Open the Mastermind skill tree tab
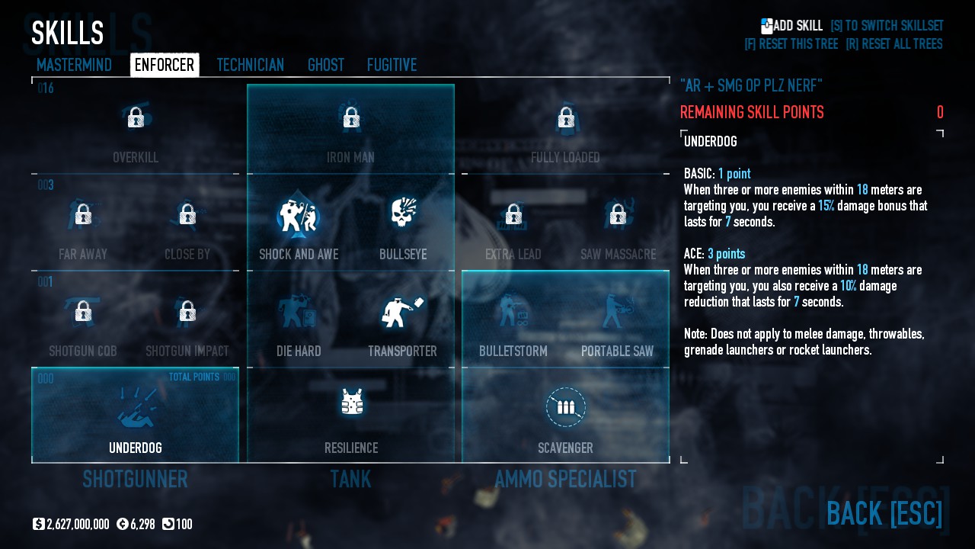click(74, 66)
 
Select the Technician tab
click(250, 66)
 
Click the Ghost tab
click(325, 66)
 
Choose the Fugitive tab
click(392, 66)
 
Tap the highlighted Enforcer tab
click(165, 66)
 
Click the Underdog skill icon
click(136, 408)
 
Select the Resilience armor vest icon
click(351, 402)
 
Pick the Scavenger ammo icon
click(565, 407)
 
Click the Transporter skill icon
click(401, 311)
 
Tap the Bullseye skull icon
click(403, 214)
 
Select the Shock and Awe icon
click(298, 216)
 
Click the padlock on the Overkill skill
click(136, 117)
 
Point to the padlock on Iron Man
click(350, 117)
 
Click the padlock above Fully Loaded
click(565, 117)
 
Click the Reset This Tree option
click(791, 44)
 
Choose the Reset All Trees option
click(893, 44)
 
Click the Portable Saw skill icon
click(617, 311)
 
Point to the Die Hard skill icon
click(298, 311)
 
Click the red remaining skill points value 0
click(940, 113)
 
